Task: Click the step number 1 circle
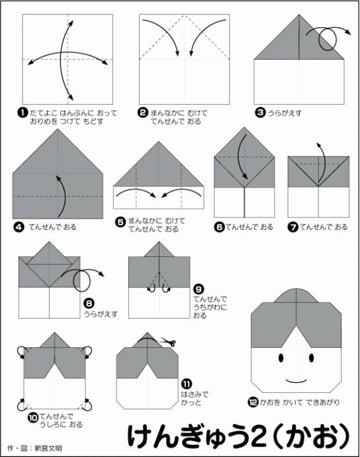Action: [22, 113]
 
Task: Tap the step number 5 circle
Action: [120, 222]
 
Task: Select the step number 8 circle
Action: [89, 304]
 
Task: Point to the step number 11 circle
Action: [187, 384]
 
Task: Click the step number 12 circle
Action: [253, 403]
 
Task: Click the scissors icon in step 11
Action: [168, 342]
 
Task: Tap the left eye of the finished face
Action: [281, 358]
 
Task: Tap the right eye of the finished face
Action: [311, 358]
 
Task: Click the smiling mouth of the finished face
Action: [296, 381]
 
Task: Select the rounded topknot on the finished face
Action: [296, 295]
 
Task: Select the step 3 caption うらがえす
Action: [285, 113]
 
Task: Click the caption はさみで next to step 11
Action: [195, 395]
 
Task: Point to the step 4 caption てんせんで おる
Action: [52, 227]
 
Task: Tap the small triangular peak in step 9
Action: [159, 250]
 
